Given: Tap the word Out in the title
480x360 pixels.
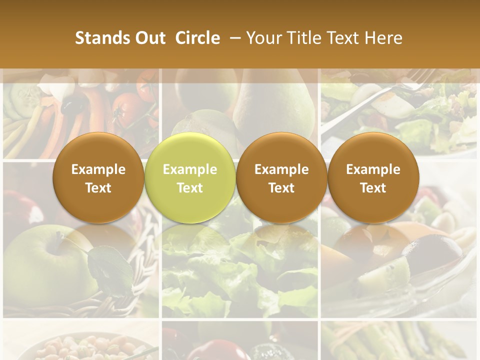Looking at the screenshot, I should (x=148, y=38).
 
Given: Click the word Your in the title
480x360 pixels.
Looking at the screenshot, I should (x=262, y=38).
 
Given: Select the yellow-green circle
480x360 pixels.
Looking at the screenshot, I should (x=189, y=177).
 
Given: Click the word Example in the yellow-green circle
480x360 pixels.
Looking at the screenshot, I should (x=189, y=169).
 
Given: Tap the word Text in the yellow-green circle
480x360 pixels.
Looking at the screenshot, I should (x=189, y=188).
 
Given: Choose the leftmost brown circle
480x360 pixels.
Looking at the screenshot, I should (x=98, y=177).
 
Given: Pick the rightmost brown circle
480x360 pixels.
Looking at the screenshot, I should (x=373, y=177).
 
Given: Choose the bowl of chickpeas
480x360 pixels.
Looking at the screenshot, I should (x=75, y=347).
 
